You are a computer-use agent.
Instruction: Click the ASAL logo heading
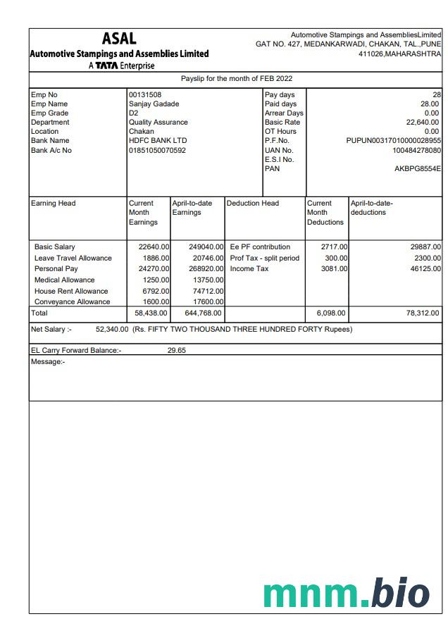pos(119,39)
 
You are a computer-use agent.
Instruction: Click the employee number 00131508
pos(145,94)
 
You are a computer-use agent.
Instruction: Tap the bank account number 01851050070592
pos(157,150)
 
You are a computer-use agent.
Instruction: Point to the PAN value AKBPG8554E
pos(418,168)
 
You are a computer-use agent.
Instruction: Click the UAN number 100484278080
pos(416,150)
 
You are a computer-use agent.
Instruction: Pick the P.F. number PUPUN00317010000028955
pos(393,141)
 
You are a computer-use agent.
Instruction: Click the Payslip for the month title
pos(237,79)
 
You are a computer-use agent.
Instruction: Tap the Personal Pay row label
pos(56,269)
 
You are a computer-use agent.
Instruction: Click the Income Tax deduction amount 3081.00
pos(334,269)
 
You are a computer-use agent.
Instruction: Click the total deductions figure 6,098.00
pos(330,313)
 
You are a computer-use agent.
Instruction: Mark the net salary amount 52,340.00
pos(111,329)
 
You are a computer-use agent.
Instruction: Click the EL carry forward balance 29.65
pos(176,350)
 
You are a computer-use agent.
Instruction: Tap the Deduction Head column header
pos(252,204)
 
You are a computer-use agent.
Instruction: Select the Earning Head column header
pos(54,204)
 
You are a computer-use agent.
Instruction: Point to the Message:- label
pos(48,361)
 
